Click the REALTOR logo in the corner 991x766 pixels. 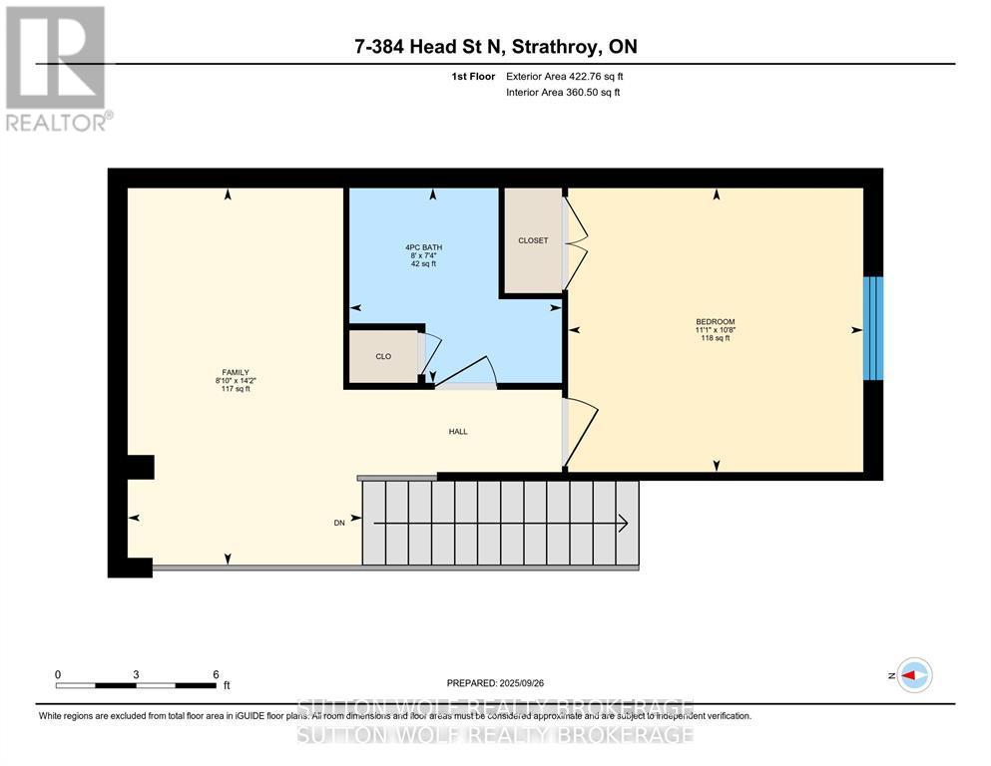pyautogui.click(x=57, y=67)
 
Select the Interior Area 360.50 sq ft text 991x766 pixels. pyautogui.click(x=564, y=92)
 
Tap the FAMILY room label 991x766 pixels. pyautogui.click(x=236, y=372)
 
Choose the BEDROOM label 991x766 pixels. pyautogui.click(x=714, y=321)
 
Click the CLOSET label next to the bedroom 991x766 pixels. pyautogui.click(x=533, y=240)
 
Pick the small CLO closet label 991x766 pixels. pyautogui.click(x=383, y=356)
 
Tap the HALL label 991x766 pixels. pyautogui.click(x=457, y=432)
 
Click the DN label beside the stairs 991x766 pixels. pyautogui.click(x=339, y=524)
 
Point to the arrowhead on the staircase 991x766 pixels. pyautogui.click(x=622, y=524)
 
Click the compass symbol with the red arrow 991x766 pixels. pyautogui.click(x=913, y=675)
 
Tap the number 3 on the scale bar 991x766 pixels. pyautogui.click(x=136, y=674)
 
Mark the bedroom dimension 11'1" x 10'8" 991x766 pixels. pyautogui.click(x=714, y=330)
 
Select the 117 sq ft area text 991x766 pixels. pyautogui.click(x=236, y=389)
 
